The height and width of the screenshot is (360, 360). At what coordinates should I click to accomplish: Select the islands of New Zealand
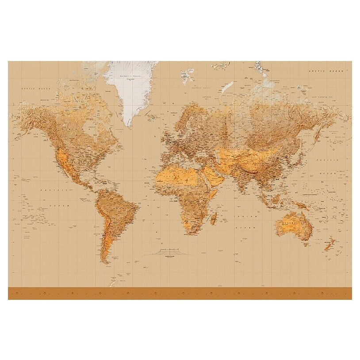pyautogui.click(x=329, y=244)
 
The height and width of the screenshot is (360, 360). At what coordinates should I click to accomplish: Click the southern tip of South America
pyautogui.click(x=106, y=262)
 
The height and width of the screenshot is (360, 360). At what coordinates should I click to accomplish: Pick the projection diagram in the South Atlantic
pyautogui.click(x=168, y=253)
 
